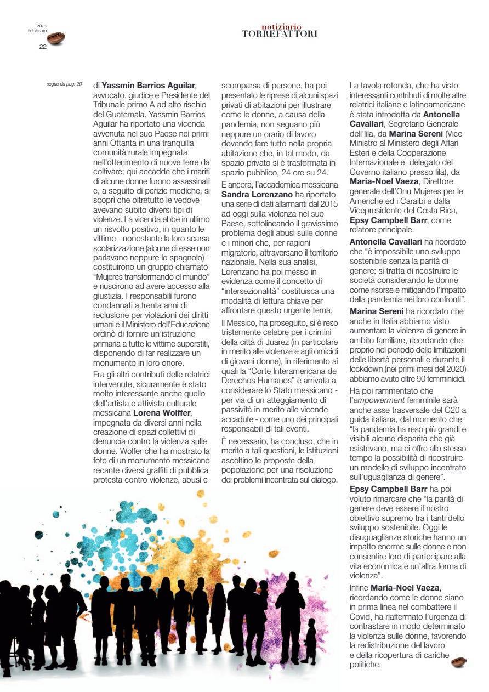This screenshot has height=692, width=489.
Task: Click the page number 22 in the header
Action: [43, 47]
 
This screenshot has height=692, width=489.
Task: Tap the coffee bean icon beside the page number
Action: [56, 38]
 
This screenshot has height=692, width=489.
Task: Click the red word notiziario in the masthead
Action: [281, 26]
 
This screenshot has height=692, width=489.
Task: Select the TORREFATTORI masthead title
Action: [280, 34]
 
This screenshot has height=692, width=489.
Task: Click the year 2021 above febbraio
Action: [42, 26]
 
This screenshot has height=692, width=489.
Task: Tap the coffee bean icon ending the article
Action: [458, 662]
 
